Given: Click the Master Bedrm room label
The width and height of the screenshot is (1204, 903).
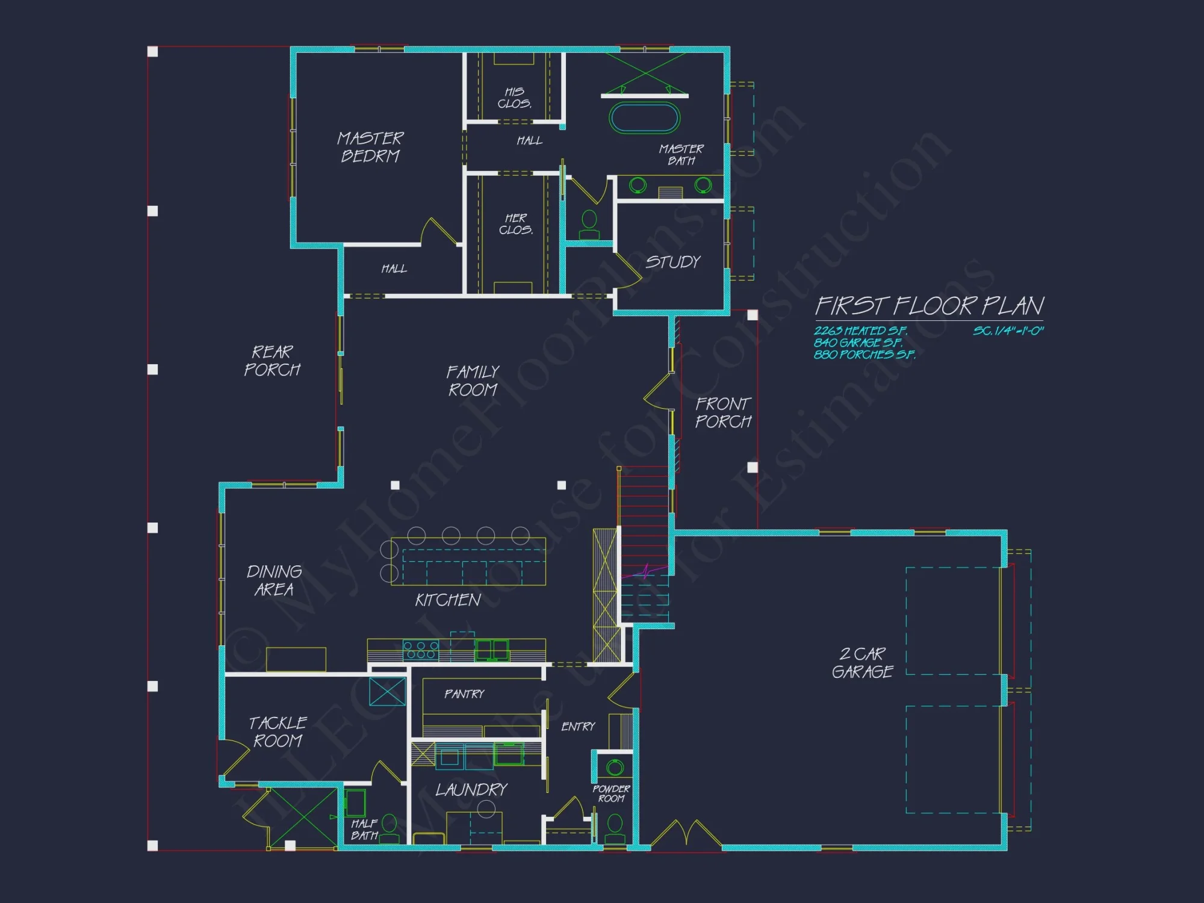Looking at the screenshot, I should point(370,147).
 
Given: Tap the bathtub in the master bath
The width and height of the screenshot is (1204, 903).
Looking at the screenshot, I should point(644,118).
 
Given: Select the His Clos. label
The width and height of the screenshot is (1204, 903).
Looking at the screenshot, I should point(514,98).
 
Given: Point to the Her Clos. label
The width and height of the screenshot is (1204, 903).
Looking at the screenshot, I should point(516,224).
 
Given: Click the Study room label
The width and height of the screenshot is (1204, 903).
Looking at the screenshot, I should point(673,262).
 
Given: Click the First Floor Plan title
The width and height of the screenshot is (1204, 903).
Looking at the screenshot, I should point(929,306).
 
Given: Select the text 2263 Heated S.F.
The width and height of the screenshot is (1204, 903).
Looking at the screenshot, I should point(860,331).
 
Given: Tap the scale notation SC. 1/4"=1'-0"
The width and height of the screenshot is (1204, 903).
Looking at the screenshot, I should point(1008,331).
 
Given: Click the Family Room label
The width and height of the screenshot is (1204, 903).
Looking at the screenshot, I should point(473,380).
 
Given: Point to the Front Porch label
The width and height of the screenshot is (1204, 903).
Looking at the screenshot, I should point(723,412).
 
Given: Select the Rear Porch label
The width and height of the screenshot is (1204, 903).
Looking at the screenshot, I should point(272,361).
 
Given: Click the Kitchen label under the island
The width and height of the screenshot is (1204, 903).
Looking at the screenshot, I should point(448,600).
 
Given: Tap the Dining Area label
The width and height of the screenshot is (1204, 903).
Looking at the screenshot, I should point(274,580).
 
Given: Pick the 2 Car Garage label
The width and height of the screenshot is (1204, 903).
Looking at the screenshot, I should point(862,663).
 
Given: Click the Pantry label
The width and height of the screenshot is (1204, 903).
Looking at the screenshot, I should point(464,694).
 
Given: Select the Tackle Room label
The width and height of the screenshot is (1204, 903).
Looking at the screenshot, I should point(278,731).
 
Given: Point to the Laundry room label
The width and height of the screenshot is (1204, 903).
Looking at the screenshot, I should point(471,790).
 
